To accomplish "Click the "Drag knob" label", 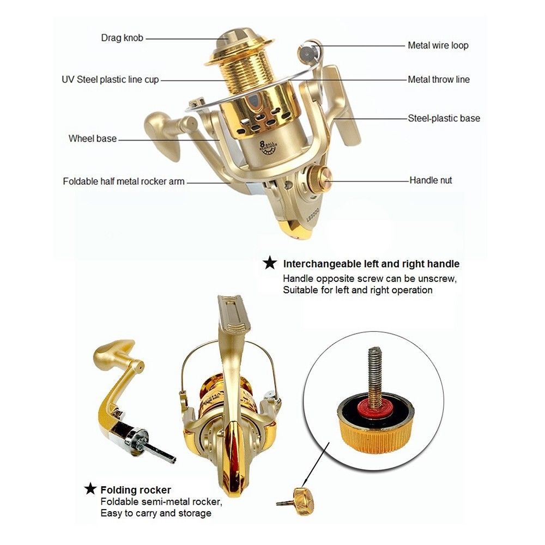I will (123, 38).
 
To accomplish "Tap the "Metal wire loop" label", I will (438, 45).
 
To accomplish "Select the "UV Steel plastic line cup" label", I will (110, 80).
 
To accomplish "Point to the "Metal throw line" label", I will (438, 80).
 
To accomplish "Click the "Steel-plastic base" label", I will (444, 118).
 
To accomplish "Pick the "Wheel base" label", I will (93, 138).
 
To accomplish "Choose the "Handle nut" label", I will (431, 180).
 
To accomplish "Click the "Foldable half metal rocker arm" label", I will (124, 181).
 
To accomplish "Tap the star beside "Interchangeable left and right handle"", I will (270, 264).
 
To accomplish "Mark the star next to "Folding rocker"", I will (90, 489).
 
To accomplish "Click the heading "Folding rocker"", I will (136, 489).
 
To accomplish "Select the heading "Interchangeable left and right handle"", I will (371, 264).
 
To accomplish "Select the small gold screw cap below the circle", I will (301, 496).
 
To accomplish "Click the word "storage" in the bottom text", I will (193, 513).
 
